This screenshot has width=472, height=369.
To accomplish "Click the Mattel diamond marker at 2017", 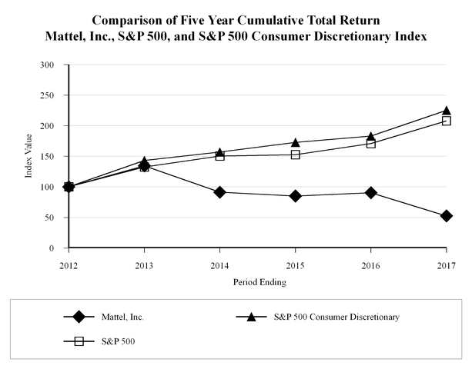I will pos(446,216).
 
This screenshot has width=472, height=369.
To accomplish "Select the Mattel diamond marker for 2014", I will pos(219,192).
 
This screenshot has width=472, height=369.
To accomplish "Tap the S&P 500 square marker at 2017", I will pos(446,121).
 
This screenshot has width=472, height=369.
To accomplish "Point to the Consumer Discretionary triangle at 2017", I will pos(446,111).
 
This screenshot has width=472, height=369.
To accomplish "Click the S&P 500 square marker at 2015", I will pos(295,155).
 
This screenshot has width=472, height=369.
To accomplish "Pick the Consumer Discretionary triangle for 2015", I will pos(295,142).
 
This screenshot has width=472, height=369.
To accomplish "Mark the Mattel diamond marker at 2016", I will pos(370,193).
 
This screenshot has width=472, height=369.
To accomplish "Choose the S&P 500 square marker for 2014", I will pos(219,156).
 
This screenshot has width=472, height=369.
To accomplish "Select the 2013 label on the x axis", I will pos(144,265).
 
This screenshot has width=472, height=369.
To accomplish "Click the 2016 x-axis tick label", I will pos(370,265).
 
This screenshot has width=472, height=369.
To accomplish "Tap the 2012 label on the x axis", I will pos(69,265).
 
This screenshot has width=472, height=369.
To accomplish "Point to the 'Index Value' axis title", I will pos(29,158).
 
